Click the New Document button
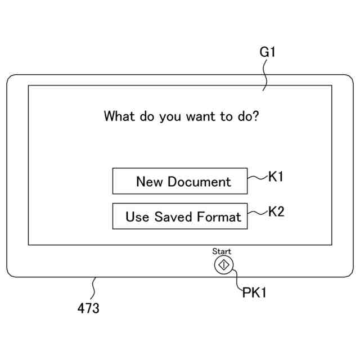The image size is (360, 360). tap(180, 181)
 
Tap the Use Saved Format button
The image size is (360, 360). tap(180, 217)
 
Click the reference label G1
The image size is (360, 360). tap(268, 53)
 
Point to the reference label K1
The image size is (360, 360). tap(276, 177)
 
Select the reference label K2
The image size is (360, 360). tap(276, 212)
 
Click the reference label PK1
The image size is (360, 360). tap(254, 292)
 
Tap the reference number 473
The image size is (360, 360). tap(88, 308)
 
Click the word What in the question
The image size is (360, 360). tap(119, 116)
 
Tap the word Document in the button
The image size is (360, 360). tap(200, 182)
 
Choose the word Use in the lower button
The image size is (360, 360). tap(137, 217)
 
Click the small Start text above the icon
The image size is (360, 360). tap(222, 251)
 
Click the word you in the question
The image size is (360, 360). tap(170, 118)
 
